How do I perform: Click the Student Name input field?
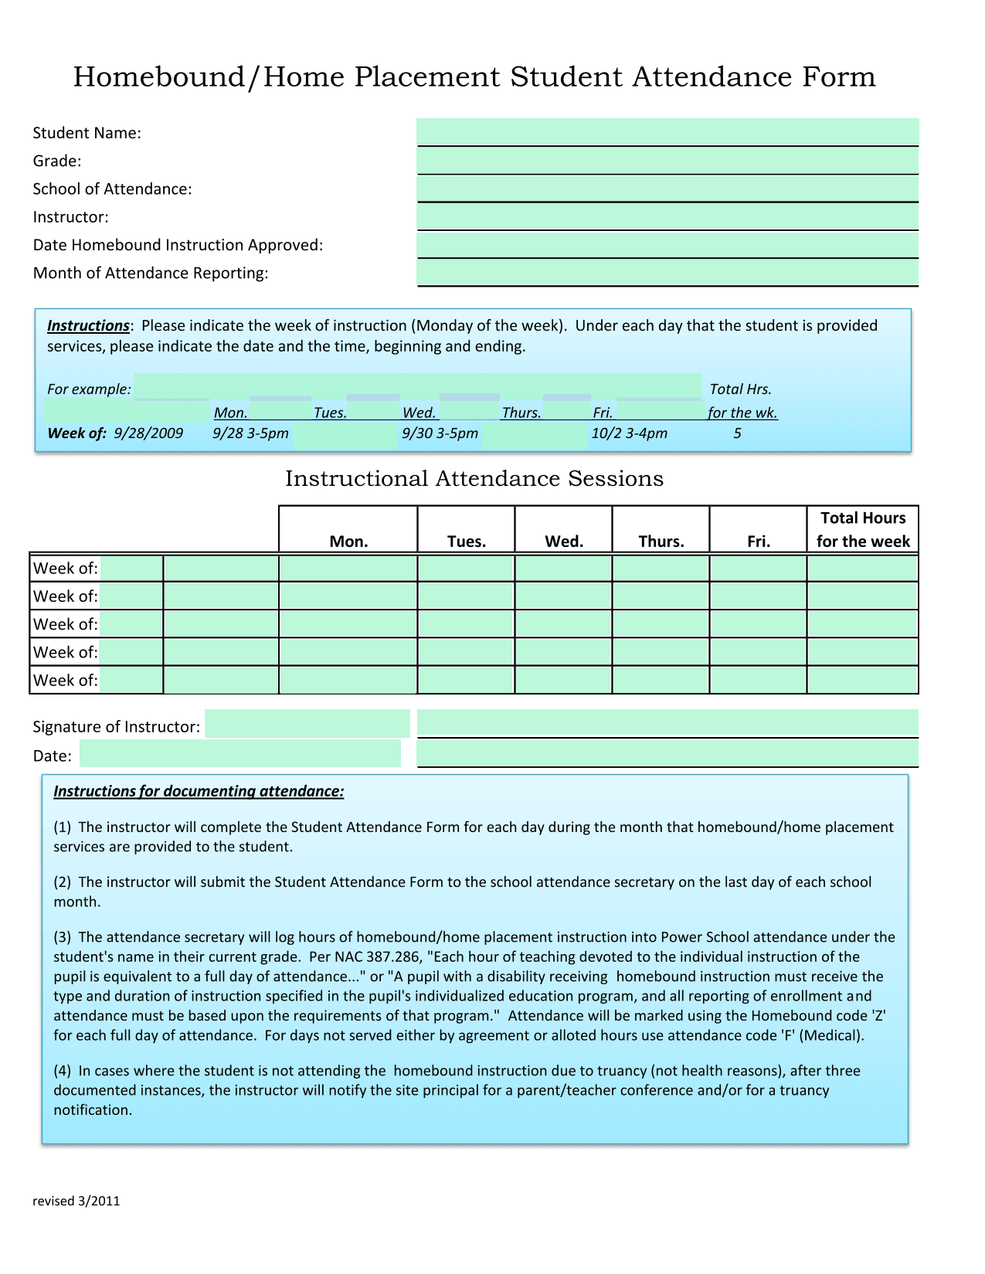[x=667, y=132]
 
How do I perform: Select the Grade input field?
[x=667, y=161]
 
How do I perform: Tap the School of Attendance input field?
[x=667, y=189]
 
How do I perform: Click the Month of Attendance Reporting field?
[x=667, y=273]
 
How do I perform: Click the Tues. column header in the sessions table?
[x=466, y=541]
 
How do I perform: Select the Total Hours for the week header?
[x=863, y=529]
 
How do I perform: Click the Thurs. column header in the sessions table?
[x=661, y=541]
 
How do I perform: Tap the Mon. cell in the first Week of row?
[x=348, y=569]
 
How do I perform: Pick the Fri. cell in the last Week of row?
[x=758, y=681]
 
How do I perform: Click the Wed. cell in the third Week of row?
[x=563, y=624]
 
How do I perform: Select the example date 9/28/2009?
[x=148, y=433]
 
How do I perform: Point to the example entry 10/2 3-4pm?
[x=629, y=433]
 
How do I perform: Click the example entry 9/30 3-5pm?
[x=440, y=433]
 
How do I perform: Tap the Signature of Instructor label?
[x=116, y=727]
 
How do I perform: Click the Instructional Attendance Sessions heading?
[x=474, y=479]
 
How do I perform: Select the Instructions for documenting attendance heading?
[x=199, y=791]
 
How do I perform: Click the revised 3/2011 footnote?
[x=76, y=1201]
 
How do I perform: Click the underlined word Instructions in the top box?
[x=88, y=326]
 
